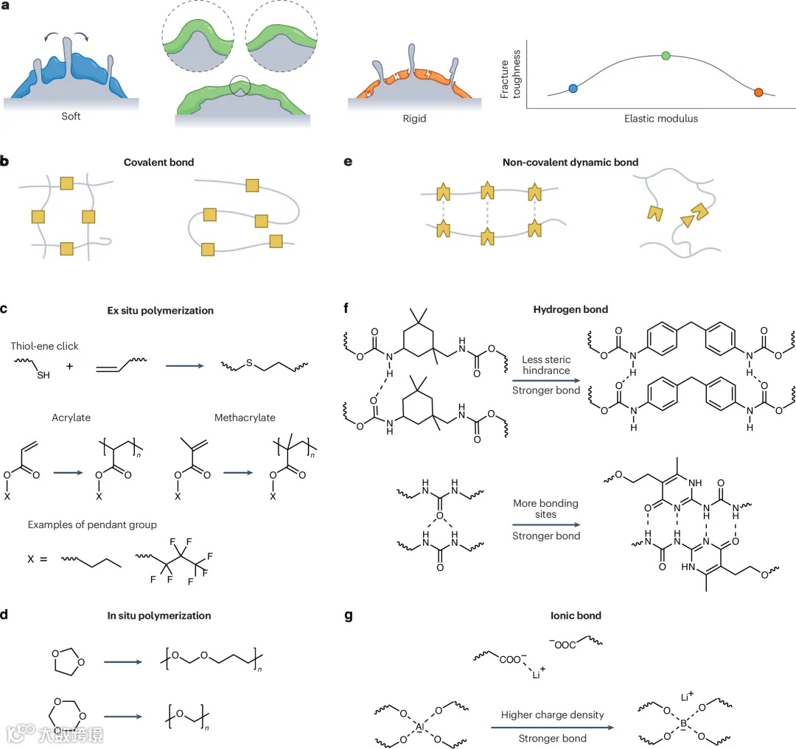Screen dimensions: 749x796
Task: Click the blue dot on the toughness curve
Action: point(573,89)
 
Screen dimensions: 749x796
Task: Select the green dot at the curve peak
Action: point(666,55)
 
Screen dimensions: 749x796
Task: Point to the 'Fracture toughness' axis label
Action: point(510,74)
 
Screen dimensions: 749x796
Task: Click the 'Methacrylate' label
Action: point(245,418)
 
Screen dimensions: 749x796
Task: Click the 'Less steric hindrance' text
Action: point(545,364)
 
